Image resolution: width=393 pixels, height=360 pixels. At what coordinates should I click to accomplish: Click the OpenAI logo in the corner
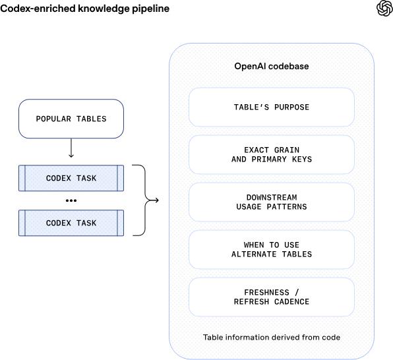click(384, 9)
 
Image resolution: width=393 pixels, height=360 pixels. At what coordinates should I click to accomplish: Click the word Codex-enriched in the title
click(38, 9)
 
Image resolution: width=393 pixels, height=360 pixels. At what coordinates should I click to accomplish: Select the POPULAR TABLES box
click(71, 119)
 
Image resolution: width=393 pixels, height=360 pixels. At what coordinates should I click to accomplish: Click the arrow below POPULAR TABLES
click(71, 148)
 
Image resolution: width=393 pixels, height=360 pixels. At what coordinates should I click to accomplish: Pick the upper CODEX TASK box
click(71, 178)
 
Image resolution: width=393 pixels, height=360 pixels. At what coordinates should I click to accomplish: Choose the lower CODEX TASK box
click(71, 223)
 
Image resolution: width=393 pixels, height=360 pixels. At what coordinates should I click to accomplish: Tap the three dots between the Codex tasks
click(71, 200)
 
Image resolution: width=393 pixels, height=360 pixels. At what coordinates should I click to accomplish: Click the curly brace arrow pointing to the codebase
click(145, 200)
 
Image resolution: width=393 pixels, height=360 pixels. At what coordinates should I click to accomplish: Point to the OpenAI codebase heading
click(272, 66)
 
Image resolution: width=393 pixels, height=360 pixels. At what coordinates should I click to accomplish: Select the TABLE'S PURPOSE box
click(272, 107)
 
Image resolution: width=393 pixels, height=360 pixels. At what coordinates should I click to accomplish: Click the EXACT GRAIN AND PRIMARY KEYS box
click(272, 154)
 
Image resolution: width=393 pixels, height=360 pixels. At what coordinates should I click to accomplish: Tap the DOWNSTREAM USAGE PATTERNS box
click(272, 202)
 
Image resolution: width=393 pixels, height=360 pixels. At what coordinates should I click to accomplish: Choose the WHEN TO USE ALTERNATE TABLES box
click(272, 249)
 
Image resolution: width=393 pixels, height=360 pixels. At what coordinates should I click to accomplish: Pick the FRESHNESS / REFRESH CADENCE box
click(272, 297)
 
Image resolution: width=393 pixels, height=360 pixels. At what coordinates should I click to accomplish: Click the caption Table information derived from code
click(272, 337)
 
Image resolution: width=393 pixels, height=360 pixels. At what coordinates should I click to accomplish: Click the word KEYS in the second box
click(302, 159)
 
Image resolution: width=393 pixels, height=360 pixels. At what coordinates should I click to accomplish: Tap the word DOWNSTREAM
click(272, 198)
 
